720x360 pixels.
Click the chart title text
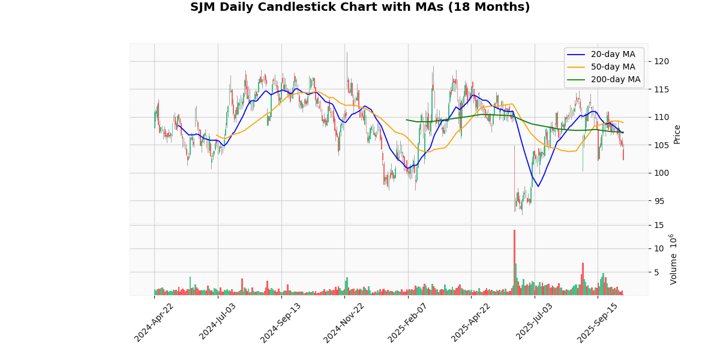pyautogui.click(x=360, y=7)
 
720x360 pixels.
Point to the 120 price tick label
pyautogui.click(x=662, y=61)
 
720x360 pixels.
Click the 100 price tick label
pyautogui.click(x=662, y=173)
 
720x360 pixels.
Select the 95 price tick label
pyautogui.click(x=660, y=200)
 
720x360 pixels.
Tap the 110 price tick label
pyautogui.click(x=662, y=117)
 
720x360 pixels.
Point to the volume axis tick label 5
pyautogui.click(x=658, y=272)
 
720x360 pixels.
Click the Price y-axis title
pyautogui.click(x=677, y=134)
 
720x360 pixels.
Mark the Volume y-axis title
pyautogui.click(x=673, y=259)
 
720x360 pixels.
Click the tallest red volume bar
pyautogui.click(x=514, y=262)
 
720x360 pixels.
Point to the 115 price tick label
pyautogui.click(x=662, y=89)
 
